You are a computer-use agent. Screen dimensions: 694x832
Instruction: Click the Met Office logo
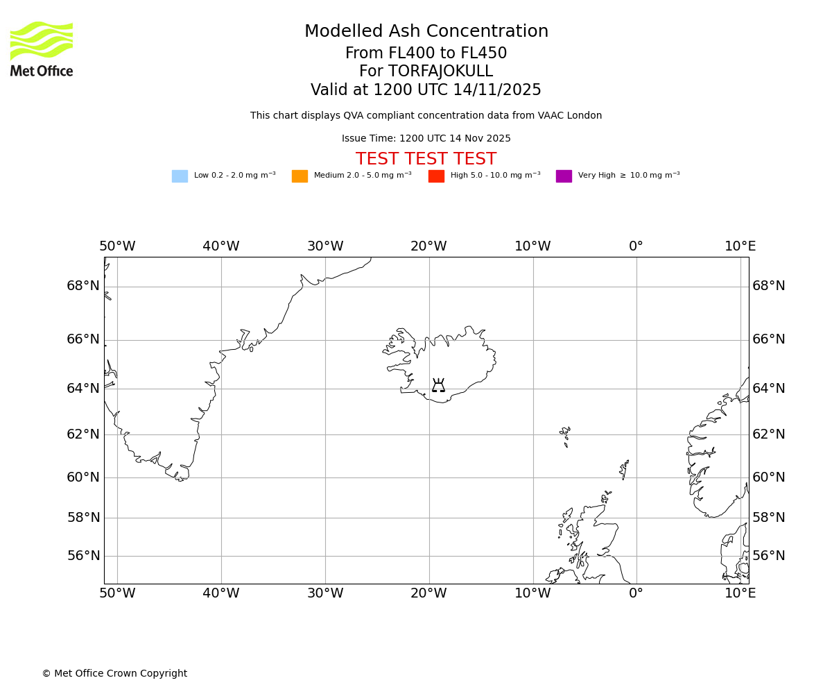pyautogui.click(x=42, y=49)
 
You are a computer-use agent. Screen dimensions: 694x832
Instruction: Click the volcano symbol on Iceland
pyautogui.click(x=438, y=386)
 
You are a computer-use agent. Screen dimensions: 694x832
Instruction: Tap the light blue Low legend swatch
pyautogui.click(x=180, y=176)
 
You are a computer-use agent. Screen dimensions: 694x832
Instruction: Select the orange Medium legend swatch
pyautogui.click(x=300, y=176)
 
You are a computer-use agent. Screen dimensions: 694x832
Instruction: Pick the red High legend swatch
pyautogui.click(x=436, y=176)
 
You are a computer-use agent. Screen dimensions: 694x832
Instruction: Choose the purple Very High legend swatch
pyautogui.click(x=564, y=176)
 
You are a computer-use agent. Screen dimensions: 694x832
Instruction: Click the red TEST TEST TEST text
pyautogui.click(x=426, y=160)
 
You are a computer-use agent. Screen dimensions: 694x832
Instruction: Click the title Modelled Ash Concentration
pyautogui.click(x=426, y=32)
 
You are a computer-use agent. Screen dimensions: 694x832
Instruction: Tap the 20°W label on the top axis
pyautogui.click(x=428, y=246)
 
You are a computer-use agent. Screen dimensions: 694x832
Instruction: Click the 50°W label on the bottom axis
pyautogui.click(x=117, y=593)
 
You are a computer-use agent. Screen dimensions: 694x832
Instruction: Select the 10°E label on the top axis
pyautogui.click(x=740, y=246)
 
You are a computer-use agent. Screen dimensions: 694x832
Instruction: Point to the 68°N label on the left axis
pyautogui.click(x=83, y=286)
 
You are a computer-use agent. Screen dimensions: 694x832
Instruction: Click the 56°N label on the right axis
pyautogui.click(x=769, y=556)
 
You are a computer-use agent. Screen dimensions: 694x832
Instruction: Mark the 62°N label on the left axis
pyautogui.click(x=83, y=434)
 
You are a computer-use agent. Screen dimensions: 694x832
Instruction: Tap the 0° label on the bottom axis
pyautogui.click(x=636, y=593)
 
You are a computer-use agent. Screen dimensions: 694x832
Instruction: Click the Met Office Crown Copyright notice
pyautogui.click(x=114, y=674)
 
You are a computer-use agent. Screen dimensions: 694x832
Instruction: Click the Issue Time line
pyautogui.click(x=426, y=139)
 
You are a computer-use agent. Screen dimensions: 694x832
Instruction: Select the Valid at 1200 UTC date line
pyautogui.click(x=426, y=90)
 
